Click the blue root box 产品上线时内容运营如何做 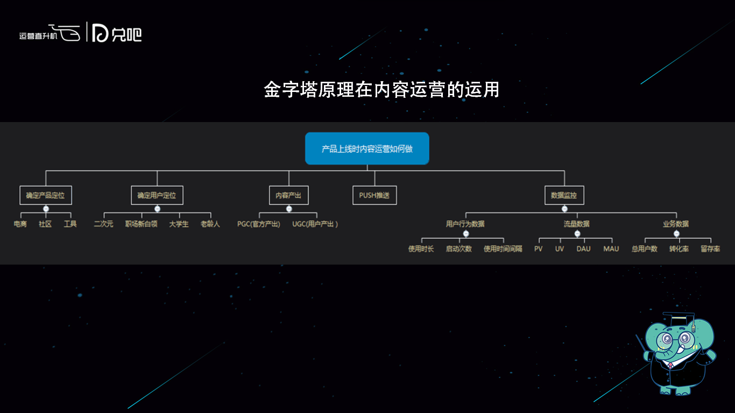367,148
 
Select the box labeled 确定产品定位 46,195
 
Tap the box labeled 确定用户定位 157,195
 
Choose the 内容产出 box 289,195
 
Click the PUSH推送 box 374,195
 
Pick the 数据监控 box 564,195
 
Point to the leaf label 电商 20,224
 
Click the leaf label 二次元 104,224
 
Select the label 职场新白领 142,224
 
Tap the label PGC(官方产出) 259,224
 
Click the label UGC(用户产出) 315,224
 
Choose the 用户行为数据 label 465,224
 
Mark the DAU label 583,249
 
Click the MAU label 611,249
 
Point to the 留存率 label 710,249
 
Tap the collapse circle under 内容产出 289,209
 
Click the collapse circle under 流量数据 577,233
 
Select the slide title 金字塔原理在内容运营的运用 381,90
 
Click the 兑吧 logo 117,33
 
